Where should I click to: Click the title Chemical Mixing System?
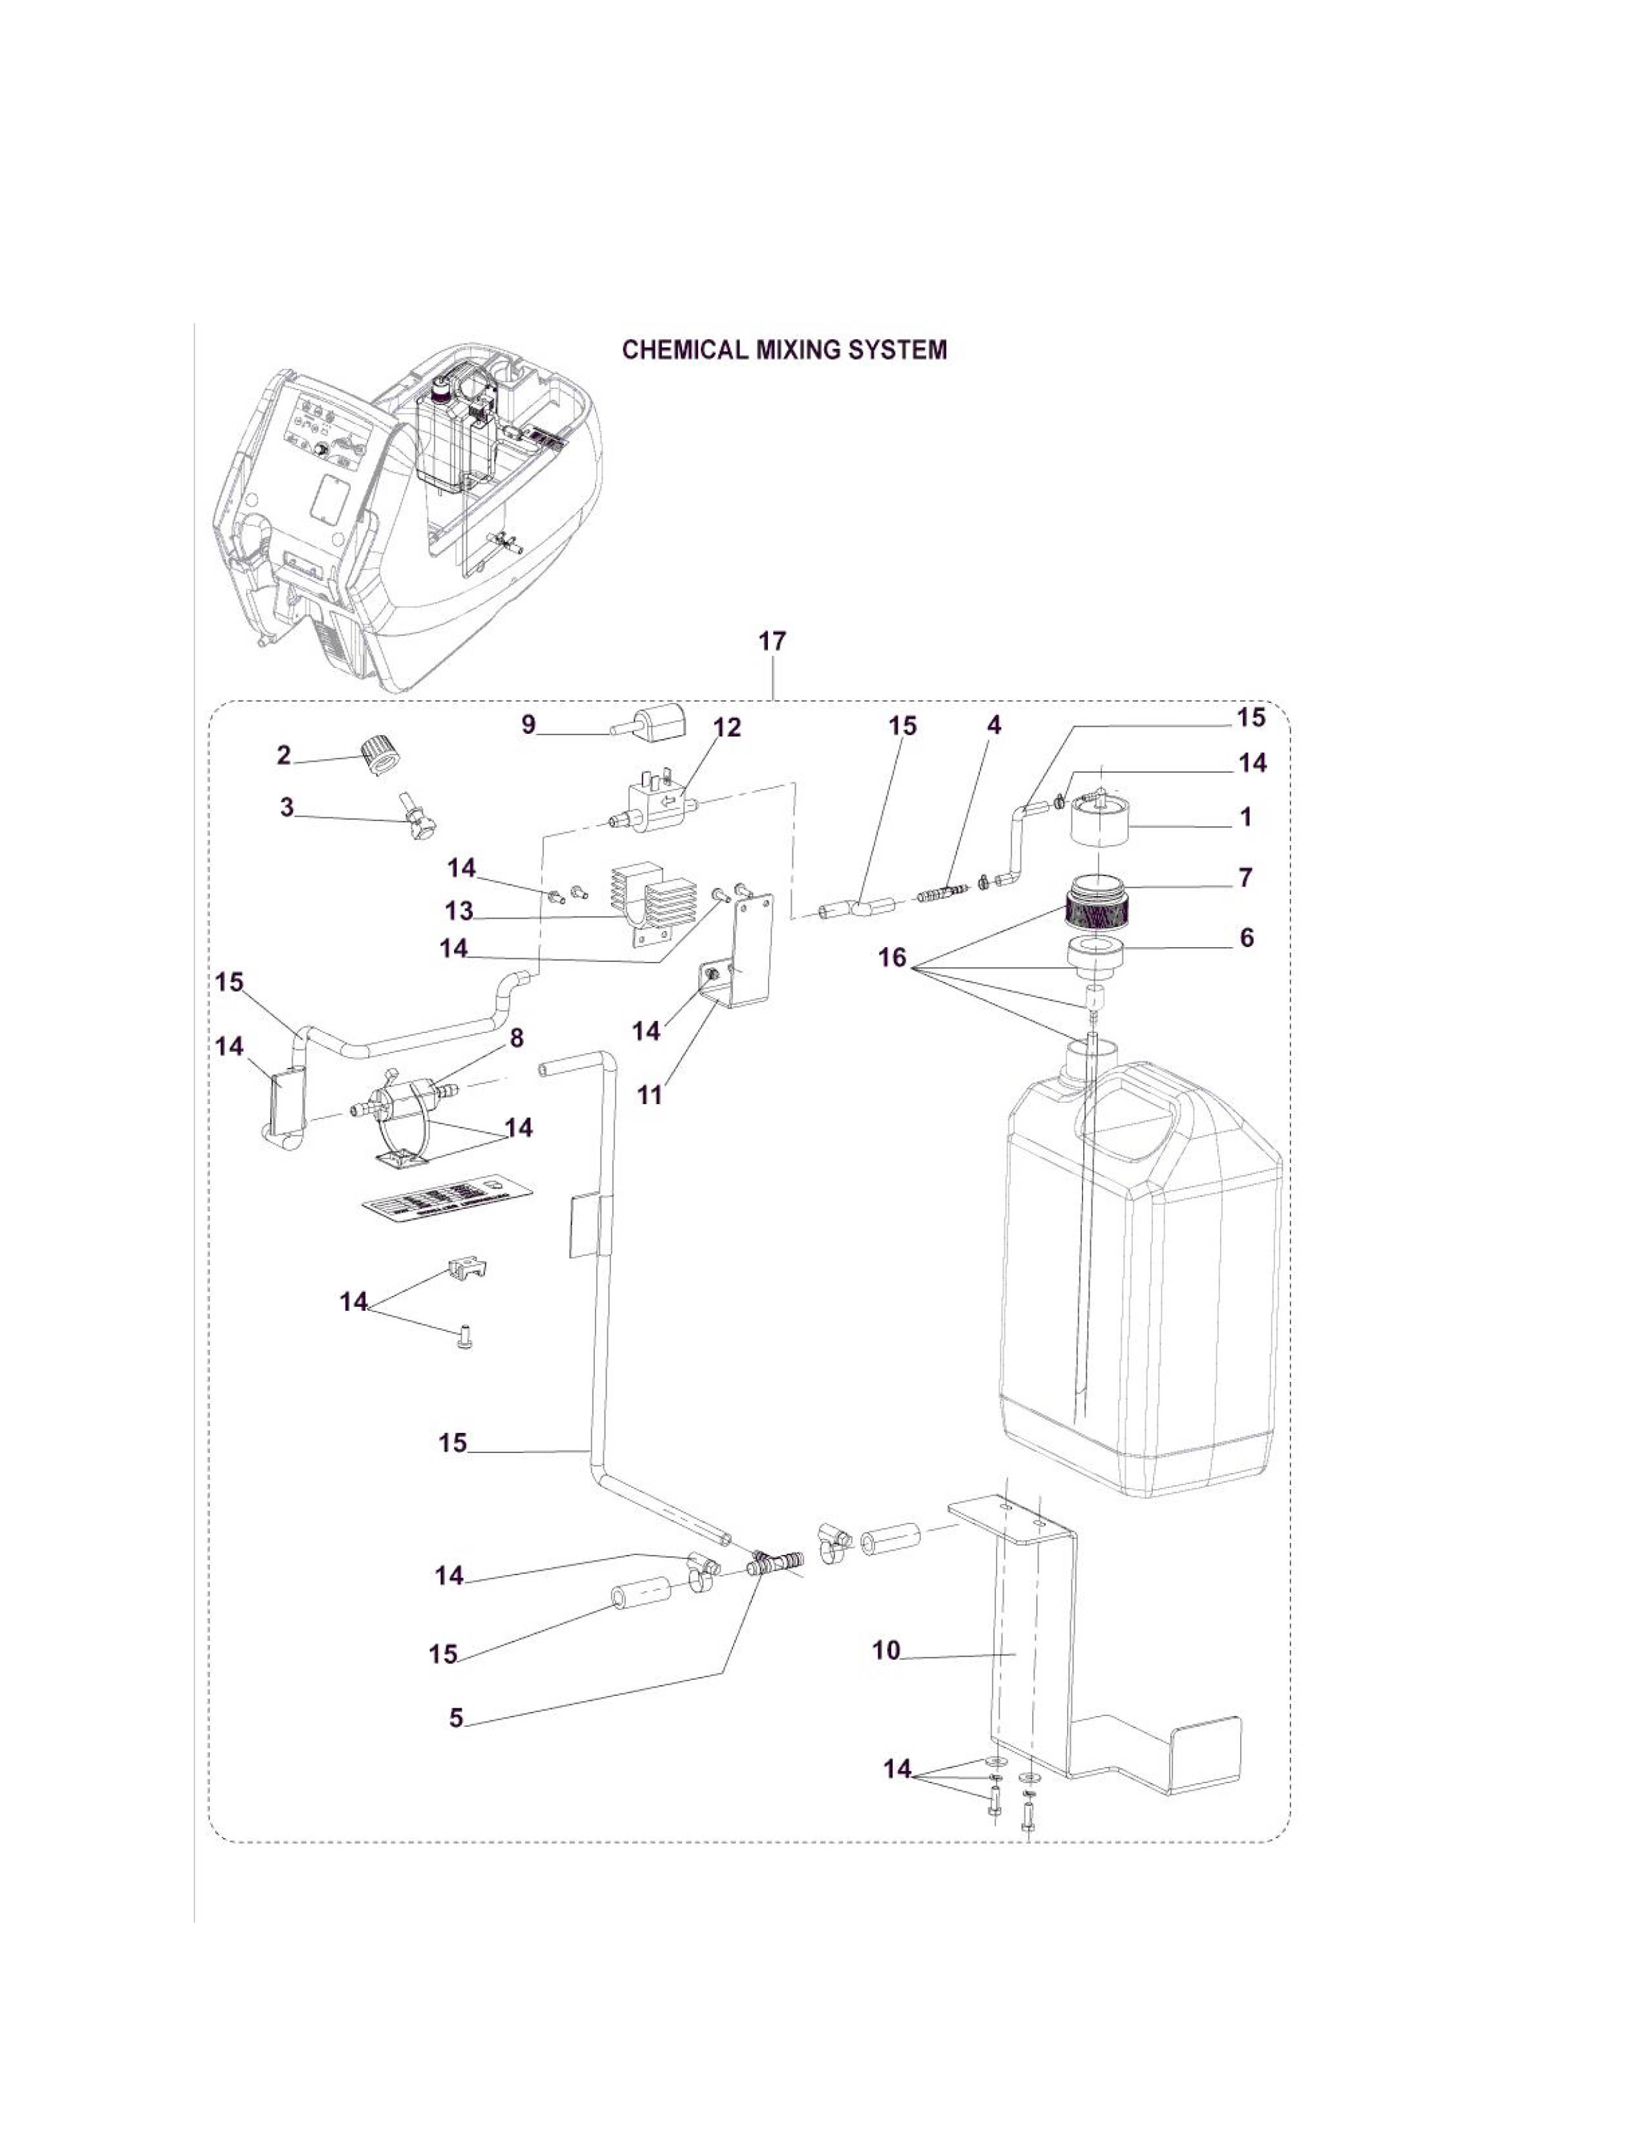(785, 350)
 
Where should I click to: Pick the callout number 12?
(727, 727)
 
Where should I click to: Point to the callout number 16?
(893, 957)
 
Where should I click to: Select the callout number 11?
(650, 1094)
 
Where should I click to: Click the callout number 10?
(886, 1651)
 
